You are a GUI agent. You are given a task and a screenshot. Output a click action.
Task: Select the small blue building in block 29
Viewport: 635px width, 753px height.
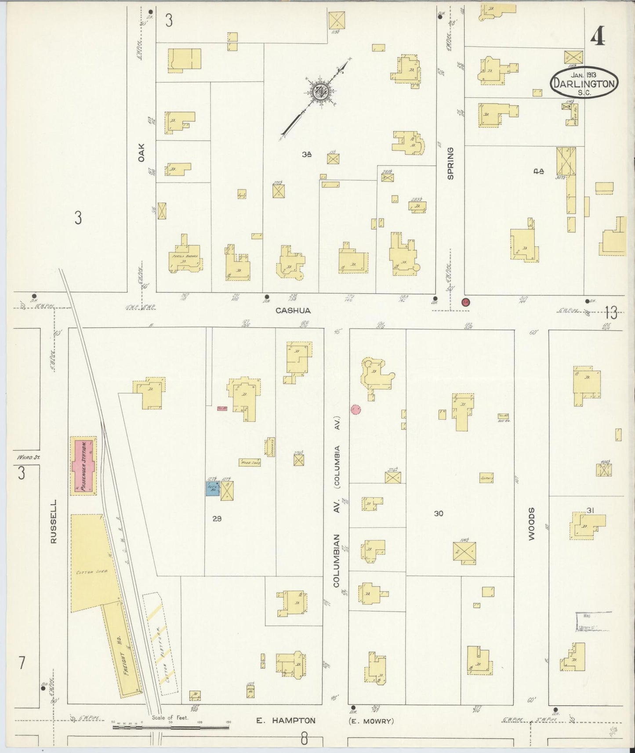click(x=213, y=489)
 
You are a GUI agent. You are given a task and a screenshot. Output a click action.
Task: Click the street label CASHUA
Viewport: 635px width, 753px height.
click(x=293, y=311)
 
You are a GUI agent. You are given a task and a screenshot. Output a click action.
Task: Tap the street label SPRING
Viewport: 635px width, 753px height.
click(x=450, y=163)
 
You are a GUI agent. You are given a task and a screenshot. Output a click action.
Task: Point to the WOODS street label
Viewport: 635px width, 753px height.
click(x=531, y=524)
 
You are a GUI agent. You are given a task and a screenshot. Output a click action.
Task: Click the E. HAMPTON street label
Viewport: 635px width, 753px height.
click(x=286, y=720)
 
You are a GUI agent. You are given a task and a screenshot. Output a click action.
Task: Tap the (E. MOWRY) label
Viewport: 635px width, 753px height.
click(x=370, y=721)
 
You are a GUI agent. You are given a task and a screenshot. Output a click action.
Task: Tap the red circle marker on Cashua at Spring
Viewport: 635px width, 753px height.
click(x=466, y=302)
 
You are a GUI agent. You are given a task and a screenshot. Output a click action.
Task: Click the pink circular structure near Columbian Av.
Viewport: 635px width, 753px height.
click(x=356, y=409)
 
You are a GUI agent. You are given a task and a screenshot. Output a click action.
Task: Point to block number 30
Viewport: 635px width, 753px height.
click(x=438, y=513)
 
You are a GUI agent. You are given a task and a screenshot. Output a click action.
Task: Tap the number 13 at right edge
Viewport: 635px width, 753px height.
click(x=611, y=313)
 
